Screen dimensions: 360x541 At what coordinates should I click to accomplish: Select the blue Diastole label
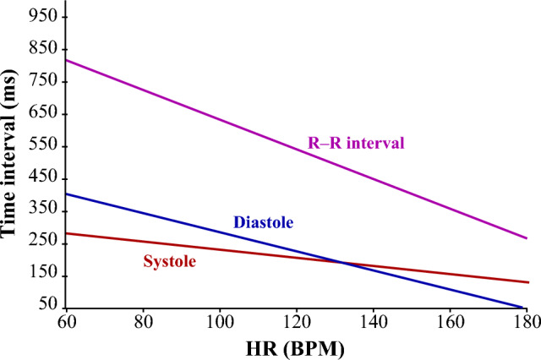(263, 223)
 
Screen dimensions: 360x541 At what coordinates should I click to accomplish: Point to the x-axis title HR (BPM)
(298, 346)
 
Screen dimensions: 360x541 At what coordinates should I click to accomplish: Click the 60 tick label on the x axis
(67, 323)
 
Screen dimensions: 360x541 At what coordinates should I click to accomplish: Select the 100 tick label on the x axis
(221, 323)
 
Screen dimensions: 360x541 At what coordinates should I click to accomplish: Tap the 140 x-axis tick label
(374, 323)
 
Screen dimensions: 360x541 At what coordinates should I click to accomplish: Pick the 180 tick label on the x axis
(526, 323)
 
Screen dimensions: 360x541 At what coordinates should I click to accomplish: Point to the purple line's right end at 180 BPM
(527, 238)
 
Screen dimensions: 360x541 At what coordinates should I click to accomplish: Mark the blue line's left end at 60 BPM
(68, 194)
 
